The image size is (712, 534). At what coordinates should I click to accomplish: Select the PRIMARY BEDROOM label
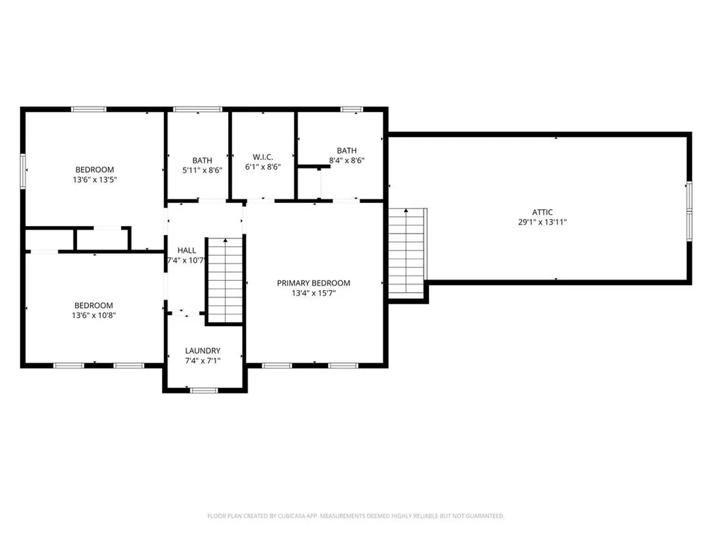(x=314, y=283)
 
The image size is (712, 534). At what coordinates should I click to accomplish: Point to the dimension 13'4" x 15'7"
(x=314, y=293)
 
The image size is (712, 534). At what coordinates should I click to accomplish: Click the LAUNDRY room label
(x=203, y=350)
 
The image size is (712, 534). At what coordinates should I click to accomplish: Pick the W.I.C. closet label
(x=263, y=156)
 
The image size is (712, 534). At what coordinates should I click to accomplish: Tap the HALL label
(x=186, y=250)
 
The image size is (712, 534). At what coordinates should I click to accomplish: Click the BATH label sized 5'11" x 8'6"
(x=202, y=160)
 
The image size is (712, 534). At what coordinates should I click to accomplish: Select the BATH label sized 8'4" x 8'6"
(x=346, y=150)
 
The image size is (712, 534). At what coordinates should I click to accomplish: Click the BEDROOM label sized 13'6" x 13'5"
(x=95, y=170)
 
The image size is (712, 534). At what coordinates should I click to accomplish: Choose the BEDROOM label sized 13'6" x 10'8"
(x=94, y=305)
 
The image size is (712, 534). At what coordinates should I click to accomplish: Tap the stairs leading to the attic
(x=407, y=252)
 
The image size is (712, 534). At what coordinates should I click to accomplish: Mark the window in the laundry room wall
(x=204, y=390)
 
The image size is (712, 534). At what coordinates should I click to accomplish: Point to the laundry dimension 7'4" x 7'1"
(x=203, y=361)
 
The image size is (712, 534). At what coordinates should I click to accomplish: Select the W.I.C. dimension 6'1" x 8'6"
(x=263, y=168)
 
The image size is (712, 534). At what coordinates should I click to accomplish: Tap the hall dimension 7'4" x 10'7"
(x=186, y=261)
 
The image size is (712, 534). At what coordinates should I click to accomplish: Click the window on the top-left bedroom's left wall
(x=23, y=170)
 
